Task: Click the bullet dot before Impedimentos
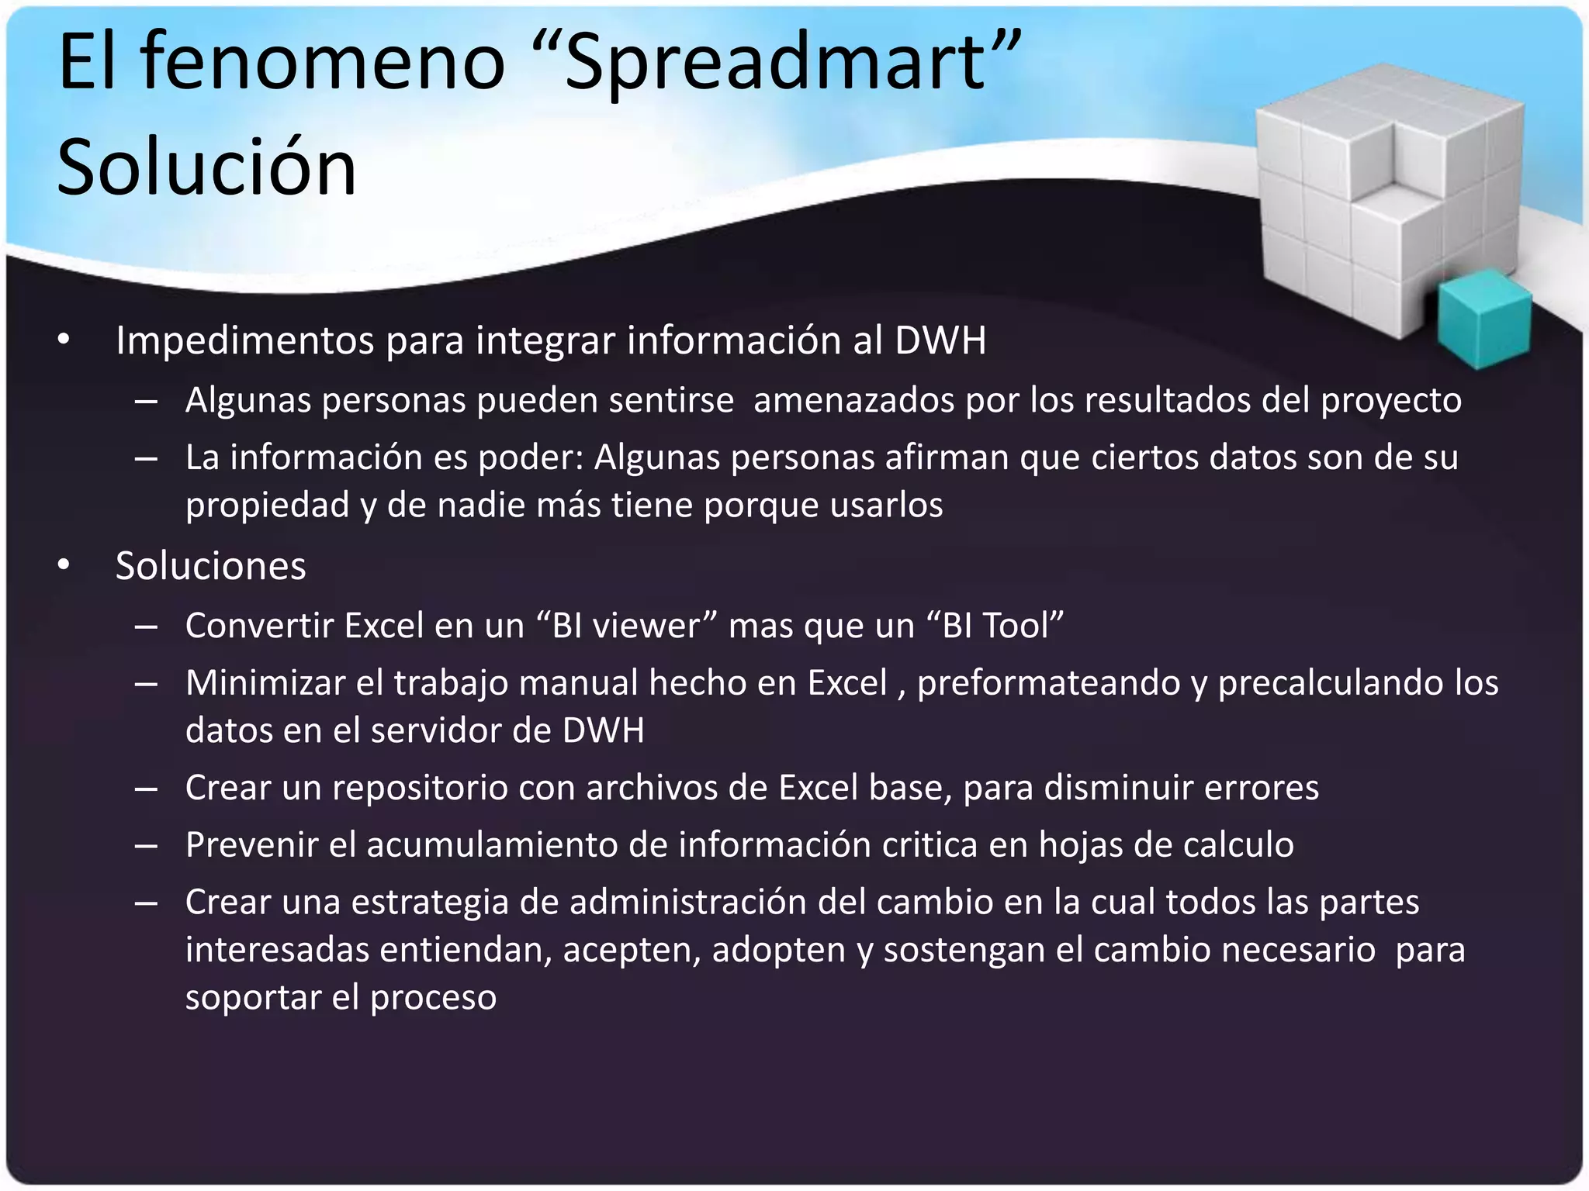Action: pos(64,340)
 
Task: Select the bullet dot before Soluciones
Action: pos(64,565)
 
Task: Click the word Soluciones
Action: pos(210,566)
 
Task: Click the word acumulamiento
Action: pos(492,845)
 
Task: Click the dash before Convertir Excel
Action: pos(146,627)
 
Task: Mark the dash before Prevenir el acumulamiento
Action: pos(146,846)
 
